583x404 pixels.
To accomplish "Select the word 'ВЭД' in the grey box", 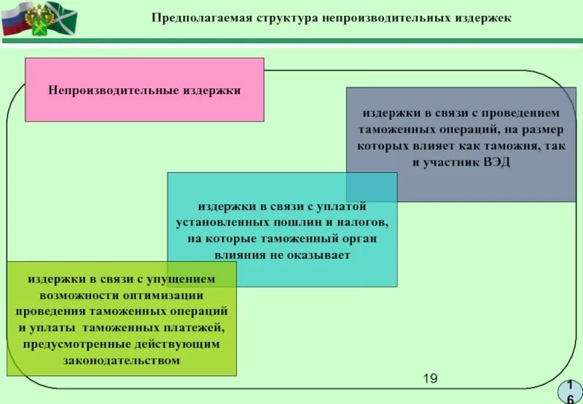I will pyautogui.click(x=496, y=161).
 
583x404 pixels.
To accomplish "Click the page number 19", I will pyautogui.click(x=429, y=378).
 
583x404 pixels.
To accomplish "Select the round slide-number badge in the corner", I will pyautogui.click(x=568, y=392).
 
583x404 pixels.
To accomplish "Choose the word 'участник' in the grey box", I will pyautogui.click(x=451, y=161).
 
